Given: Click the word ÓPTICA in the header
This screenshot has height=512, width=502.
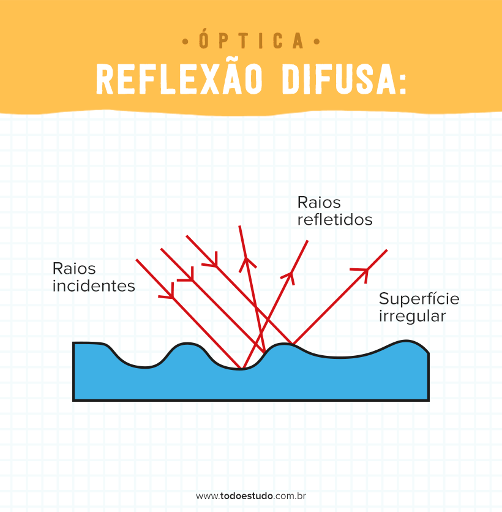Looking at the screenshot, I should pos(252,42).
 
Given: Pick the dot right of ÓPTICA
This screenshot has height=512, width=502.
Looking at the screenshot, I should pos(317,42).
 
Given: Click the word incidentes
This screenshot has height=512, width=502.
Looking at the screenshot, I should pos(94,286).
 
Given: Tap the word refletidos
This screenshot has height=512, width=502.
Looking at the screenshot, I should pos(335,219).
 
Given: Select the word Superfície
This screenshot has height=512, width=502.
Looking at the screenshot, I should pos(419,299).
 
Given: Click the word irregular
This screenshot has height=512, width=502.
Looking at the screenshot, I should pos(412,316).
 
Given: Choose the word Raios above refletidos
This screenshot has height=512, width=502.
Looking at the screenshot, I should pos(319,202).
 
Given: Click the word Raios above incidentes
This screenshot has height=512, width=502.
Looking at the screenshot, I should pos(74,268).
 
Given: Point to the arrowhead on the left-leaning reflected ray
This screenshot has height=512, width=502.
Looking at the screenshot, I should pos(247,263).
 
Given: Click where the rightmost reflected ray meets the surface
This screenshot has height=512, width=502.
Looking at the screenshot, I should pos(293,344).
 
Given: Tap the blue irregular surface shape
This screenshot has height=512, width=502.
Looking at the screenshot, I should pos(245,383).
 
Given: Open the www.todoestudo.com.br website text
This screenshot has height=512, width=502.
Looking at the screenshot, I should pos(251,495).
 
